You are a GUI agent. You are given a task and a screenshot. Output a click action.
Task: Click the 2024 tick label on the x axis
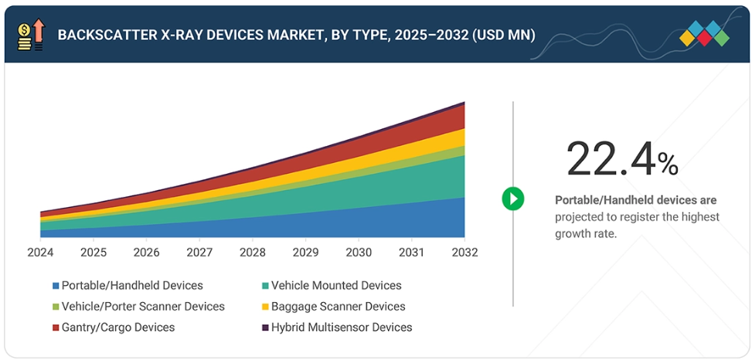40,253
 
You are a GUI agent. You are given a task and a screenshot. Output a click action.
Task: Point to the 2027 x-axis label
199,253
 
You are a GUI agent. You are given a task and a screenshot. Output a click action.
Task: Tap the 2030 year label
359,253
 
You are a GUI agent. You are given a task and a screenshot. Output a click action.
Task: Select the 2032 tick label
464,253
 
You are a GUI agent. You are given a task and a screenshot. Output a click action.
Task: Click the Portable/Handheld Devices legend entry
132,286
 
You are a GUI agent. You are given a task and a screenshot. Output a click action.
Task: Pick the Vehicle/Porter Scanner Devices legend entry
143,307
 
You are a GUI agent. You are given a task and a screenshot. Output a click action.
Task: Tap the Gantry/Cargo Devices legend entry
118,328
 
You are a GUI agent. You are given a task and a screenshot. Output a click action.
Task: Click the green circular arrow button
512,199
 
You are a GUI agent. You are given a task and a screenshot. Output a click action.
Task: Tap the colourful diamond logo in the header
704,33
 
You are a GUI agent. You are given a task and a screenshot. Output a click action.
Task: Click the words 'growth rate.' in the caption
586,233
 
